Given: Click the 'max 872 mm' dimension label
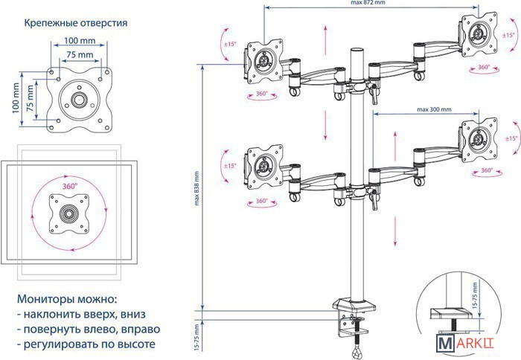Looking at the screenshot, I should coord(368,4).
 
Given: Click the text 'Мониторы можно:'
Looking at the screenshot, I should coord(67,298).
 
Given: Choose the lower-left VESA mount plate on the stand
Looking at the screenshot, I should coord(263,164).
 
